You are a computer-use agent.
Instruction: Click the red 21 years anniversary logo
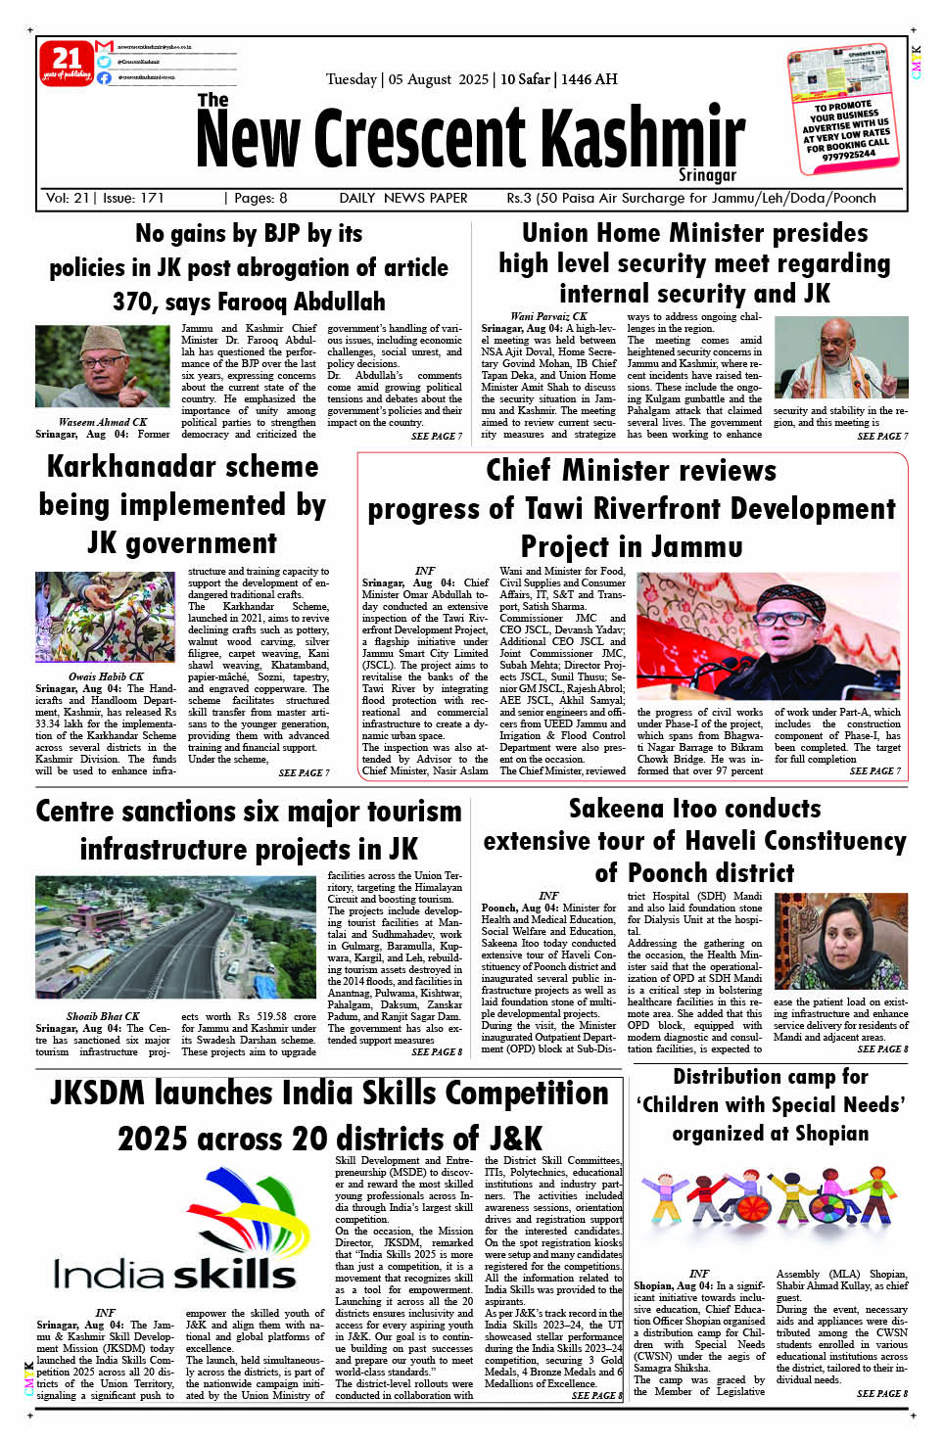(x=67, y=63)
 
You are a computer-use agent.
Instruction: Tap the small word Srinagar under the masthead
(x=707, y=175)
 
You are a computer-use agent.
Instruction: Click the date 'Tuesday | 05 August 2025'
(x=406, y=79)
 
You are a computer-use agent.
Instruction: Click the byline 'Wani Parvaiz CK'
(x=548, y=316)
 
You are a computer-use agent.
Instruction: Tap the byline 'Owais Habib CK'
(x=106, y=676)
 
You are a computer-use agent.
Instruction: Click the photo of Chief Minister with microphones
(x=769, y=635)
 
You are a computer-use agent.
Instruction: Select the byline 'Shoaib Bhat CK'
(x=103, y=1016)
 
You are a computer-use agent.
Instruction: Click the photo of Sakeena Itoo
(x=840, y=941)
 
